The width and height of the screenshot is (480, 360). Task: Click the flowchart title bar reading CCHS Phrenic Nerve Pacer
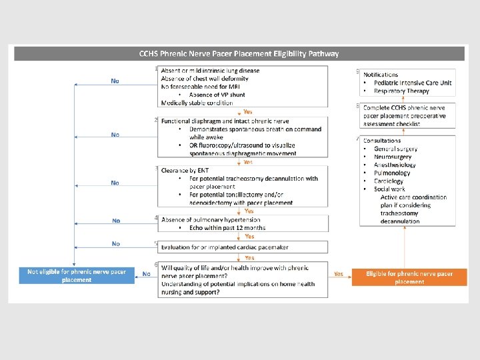coord(239,54)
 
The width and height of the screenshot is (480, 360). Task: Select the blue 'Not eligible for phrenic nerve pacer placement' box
coord(77,276)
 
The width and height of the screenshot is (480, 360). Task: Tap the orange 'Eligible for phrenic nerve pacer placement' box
coord(409,277)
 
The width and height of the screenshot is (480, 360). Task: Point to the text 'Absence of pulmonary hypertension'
coord(211,219)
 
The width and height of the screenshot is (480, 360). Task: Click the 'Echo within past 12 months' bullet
coord(227,227)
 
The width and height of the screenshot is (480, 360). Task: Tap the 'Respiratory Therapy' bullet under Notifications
coord(402,91)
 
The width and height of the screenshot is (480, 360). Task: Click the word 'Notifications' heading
coord(381,75)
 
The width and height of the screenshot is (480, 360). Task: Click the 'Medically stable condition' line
coord(197,103)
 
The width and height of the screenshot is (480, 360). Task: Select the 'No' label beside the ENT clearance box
coord(115,183)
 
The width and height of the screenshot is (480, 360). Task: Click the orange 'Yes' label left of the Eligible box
coord(338,273)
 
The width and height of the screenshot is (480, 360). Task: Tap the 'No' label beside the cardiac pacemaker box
coord(116,244)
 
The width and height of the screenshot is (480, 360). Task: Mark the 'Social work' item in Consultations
coord(389,189)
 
